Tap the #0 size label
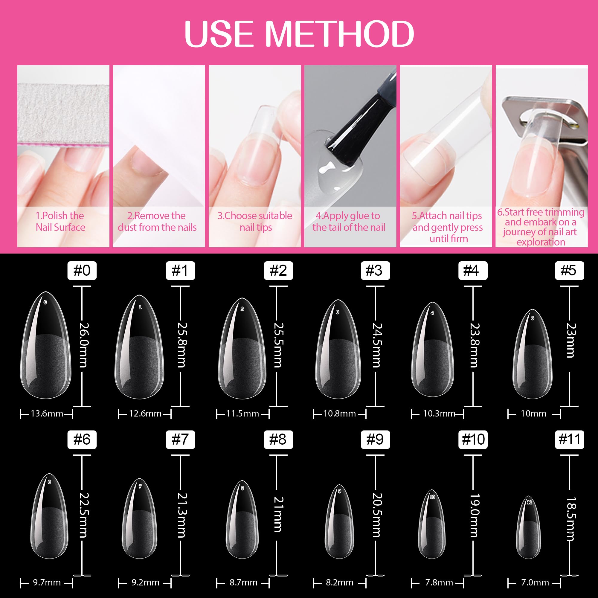coord(82,271)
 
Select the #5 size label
coord(569,271)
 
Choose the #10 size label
coord(473,440)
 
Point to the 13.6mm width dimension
coord(47,414)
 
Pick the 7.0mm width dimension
coord(535,582)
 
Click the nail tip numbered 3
coord(338,350)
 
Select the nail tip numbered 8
coord(242,520)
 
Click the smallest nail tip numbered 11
coord(529,528)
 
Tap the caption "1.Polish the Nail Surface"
coord(60,222)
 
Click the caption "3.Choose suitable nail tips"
coord(255,222)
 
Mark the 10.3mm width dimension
coord(439,414)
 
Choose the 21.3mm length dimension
coord(182,515)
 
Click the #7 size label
coord(180,440)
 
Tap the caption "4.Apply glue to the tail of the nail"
coord(349,222)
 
